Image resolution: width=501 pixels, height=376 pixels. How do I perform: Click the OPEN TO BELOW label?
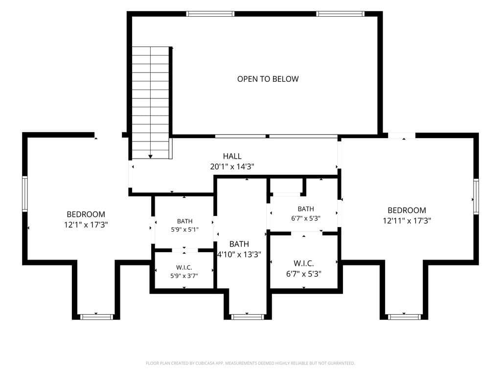[x=268, y=79]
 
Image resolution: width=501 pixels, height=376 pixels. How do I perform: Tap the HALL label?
[x=232, y=156]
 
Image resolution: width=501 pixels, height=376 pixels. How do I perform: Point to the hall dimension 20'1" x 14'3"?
[x=232, y=166]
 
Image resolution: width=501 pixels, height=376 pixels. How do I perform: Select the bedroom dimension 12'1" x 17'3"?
[x=86, y=224]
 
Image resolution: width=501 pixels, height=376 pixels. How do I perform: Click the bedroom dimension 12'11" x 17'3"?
[x=407, y=221]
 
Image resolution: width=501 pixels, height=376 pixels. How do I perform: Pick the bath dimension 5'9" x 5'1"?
[x=184, y=229]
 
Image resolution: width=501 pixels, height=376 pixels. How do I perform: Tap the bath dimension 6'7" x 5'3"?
[x=306, y=218]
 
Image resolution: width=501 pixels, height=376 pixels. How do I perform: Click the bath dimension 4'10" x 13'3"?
[x=239, y=255]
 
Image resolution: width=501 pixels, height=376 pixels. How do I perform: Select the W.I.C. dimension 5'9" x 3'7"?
[x=184, y=276]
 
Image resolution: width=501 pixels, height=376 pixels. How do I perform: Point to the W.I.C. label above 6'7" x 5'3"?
[x=303, y=263]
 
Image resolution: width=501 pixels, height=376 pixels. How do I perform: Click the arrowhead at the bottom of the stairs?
[x=151, y=157]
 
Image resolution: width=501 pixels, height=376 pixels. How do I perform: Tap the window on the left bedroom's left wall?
[x=25, y=194]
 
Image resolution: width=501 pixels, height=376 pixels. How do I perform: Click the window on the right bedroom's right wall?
[x=476, y=196]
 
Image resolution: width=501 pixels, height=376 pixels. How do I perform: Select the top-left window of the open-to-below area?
[x=210, y=14]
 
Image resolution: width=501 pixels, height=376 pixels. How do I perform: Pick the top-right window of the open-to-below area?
[x=341, y=14]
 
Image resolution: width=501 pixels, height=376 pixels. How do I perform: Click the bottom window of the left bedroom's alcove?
[x=96, y=317]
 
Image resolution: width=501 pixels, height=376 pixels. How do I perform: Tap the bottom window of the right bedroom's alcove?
[x=404, y=317]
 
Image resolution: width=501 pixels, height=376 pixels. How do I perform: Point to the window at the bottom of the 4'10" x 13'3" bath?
[x=247, y=317]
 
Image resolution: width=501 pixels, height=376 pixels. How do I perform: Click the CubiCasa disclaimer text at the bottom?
[x=250, y=363]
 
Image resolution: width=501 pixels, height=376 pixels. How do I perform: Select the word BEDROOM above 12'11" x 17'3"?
[x=407, y=211]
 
